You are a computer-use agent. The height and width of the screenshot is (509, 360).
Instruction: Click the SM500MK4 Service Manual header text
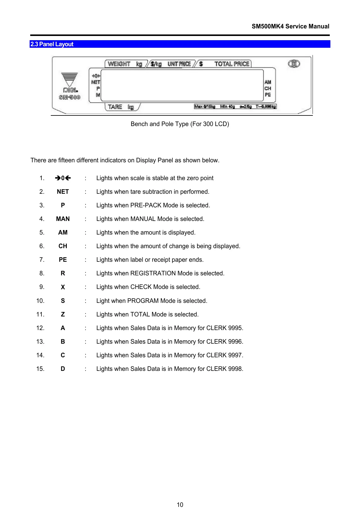290,26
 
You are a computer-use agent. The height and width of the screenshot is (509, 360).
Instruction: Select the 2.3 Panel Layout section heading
52,44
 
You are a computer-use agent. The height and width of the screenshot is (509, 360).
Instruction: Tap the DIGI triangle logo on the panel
70,79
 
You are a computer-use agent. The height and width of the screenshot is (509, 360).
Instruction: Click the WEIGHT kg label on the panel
125,64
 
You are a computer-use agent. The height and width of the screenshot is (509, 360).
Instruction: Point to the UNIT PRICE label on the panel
179,64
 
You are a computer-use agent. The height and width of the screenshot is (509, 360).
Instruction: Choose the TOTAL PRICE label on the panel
232,64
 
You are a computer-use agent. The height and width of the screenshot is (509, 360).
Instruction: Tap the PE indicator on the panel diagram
268,95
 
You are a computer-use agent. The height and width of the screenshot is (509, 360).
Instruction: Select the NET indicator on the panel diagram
96,82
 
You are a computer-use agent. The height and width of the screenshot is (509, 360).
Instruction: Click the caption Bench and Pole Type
180,124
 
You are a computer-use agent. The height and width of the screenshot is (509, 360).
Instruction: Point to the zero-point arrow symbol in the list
63,178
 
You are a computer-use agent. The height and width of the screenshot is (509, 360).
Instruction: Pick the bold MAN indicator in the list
63,219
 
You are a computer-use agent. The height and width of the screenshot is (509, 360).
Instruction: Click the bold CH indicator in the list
63,246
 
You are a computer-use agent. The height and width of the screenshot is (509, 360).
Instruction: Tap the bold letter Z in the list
63,314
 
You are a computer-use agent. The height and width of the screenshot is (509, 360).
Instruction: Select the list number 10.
40,301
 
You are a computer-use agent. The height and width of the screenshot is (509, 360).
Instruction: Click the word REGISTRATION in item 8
153,273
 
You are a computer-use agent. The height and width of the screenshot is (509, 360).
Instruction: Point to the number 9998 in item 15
235,369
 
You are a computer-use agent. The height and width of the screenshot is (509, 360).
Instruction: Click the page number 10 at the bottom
180,505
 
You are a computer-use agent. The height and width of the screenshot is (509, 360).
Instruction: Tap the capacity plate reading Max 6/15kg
205,106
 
